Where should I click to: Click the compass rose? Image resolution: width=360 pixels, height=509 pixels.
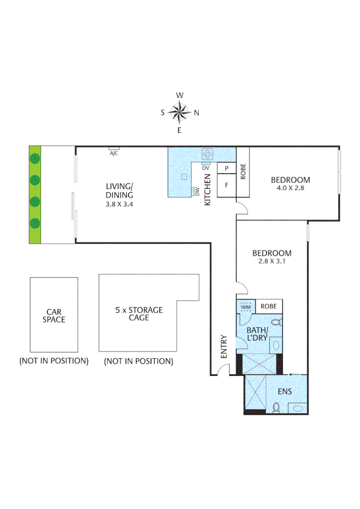179,112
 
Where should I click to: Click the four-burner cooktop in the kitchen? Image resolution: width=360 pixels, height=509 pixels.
207,154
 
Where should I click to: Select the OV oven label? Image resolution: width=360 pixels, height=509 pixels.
205,167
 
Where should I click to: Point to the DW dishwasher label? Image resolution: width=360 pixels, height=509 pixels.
197,191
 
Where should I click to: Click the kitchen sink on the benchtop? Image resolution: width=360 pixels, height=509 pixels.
185,176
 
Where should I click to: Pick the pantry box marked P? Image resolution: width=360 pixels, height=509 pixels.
227,168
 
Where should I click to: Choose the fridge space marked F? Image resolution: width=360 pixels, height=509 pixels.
227,185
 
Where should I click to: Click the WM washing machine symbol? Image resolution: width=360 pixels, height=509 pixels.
246,307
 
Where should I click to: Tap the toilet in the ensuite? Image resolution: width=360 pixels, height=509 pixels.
277,407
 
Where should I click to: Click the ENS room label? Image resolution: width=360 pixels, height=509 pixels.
285,391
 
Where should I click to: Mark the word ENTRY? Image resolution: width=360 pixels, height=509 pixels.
224,346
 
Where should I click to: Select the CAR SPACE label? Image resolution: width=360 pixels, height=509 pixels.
54,315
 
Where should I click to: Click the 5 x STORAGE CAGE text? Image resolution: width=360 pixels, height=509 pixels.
139,314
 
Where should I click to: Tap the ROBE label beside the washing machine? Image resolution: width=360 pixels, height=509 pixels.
269,306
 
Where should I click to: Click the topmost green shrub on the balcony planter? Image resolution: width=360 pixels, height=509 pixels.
34,158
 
